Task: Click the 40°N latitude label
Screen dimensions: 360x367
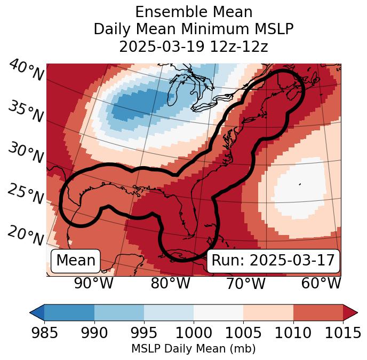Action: (26, 71)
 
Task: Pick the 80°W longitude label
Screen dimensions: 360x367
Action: (170, 283)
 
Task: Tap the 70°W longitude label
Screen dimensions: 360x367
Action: (245, 283)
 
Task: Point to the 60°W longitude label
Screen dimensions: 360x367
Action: (321, 283)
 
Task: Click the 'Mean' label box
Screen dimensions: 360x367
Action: (76, 261)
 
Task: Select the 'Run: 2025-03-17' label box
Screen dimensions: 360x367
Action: (273, 261)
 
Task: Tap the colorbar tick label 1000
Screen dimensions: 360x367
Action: (193, 333)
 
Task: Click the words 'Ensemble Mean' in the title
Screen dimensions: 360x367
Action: (193, 12)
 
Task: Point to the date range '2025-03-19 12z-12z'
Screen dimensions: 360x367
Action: (193, 46)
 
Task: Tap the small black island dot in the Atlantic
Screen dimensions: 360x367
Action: (300, 184)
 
